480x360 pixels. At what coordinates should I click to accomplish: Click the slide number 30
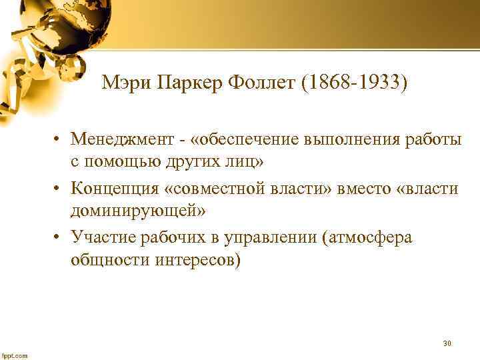pyautogui.click(x=447, y=343)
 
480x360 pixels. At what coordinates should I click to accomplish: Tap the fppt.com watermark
pyautogui.click(x=15, y=355)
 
